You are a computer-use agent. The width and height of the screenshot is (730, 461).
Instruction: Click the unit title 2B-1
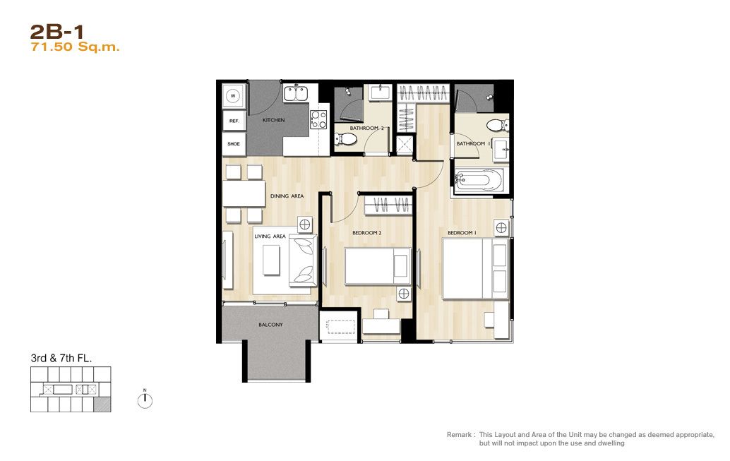[56, 32]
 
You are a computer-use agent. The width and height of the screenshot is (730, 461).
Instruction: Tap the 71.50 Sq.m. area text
[75, 47]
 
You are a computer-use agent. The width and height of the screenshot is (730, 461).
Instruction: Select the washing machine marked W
[233, 96]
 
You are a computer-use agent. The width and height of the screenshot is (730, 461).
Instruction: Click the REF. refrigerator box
[234, 121]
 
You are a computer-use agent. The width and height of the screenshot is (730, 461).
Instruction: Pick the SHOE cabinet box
[234, 144]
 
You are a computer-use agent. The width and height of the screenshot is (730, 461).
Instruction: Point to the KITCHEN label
[273, 120]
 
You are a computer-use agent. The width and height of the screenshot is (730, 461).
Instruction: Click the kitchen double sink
[296, 92]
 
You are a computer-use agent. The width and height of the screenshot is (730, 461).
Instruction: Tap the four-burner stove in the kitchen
[318, 119]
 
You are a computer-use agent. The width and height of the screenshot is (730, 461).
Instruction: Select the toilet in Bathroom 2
[345, 139]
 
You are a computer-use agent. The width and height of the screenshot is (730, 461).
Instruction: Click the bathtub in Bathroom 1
[479, 180]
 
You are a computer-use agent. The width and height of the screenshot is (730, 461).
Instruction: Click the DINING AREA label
[287, 196]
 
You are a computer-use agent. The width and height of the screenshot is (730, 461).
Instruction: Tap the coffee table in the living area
[271, 260]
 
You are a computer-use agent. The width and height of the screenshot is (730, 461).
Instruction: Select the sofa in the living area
[303, 261]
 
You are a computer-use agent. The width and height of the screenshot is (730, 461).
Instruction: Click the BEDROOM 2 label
[367, 233]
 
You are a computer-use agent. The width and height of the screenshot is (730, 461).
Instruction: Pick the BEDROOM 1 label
[462, 233]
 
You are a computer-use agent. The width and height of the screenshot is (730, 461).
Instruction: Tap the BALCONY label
[270, 325]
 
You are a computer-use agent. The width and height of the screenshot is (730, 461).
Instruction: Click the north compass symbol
[145, 400]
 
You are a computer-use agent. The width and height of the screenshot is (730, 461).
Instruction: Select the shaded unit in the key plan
[102, 405]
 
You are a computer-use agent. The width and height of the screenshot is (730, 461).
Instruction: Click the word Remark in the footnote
[459, 434]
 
